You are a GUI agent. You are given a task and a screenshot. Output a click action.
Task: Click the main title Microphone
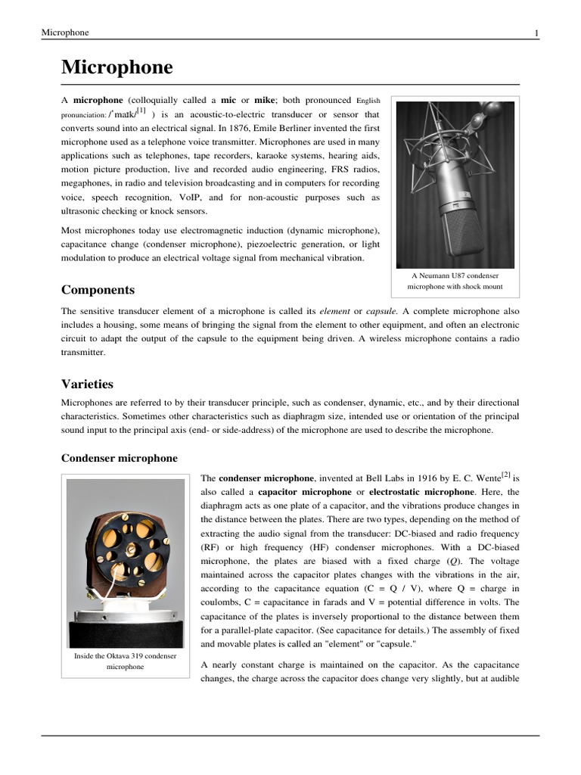click(x=117, y=68)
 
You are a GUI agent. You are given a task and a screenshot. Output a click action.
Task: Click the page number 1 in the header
click(x=536, y=33)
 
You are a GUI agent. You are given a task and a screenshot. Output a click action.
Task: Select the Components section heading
click(x=98, y=290)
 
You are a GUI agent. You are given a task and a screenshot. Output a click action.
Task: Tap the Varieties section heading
click(x=87, y=384)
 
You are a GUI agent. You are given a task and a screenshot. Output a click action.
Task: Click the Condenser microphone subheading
click(x=119, y=458)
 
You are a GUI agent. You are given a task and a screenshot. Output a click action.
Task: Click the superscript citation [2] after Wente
click(x=505, y=476)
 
